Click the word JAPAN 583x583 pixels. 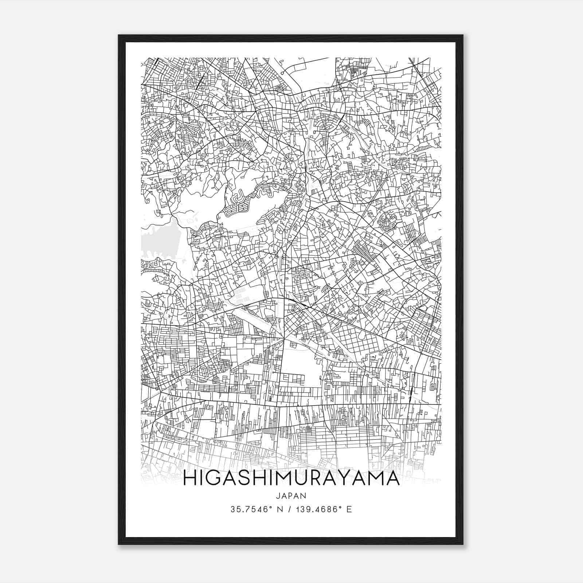291,496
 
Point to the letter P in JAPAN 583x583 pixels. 291,496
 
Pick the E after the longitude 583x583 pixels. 349,509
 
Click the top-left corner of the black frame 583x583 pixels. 119,36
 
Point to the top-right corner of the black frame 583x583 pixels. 462,36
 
